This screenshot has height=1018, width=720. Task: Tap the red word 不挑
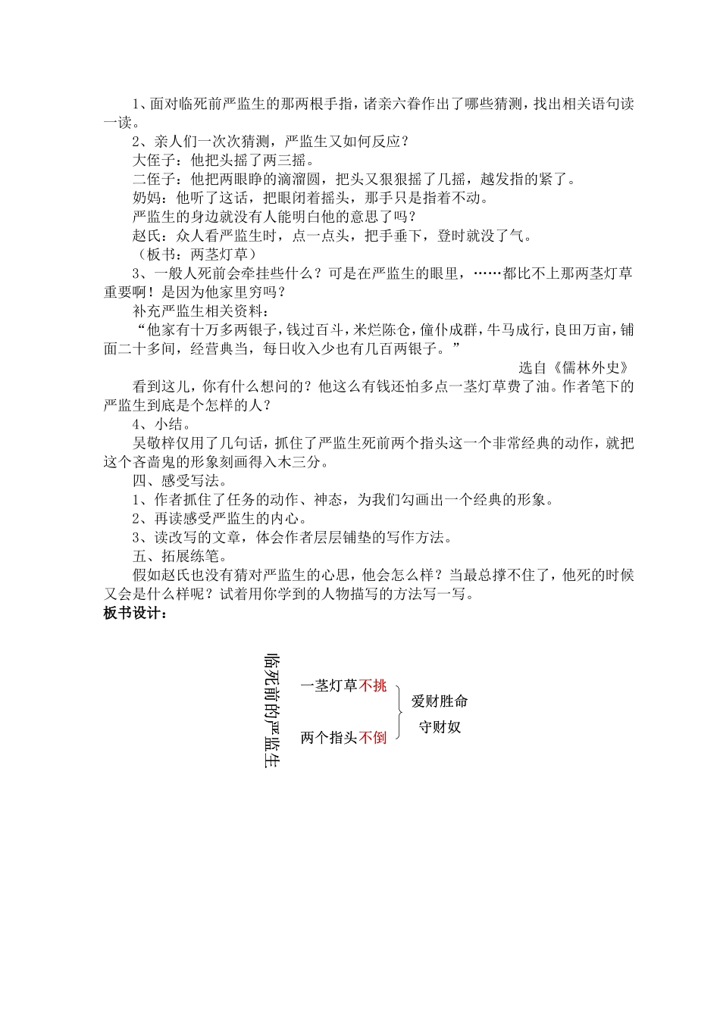tap(373, 685)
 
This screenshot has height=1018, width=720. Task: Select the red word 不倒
tap(373, 737)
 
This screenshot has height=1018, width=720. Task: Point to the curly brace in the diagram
tap(399, 710)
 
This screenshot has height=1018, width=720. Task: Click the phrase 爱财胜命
tap(440, 701)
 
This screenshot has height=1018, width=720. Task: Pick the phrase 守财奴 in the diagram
tap(440, 727)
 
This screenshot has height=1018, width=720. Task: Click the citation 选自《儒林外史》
tap(574, 367)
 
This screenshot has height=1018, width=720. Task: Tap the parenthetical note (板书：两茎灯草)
tap(196, 254)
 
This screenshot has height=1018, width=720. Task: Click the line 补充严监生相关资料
tap(200, 311)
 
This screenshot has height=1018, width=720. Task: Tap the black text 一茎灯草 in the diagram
tap(329, 685)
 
